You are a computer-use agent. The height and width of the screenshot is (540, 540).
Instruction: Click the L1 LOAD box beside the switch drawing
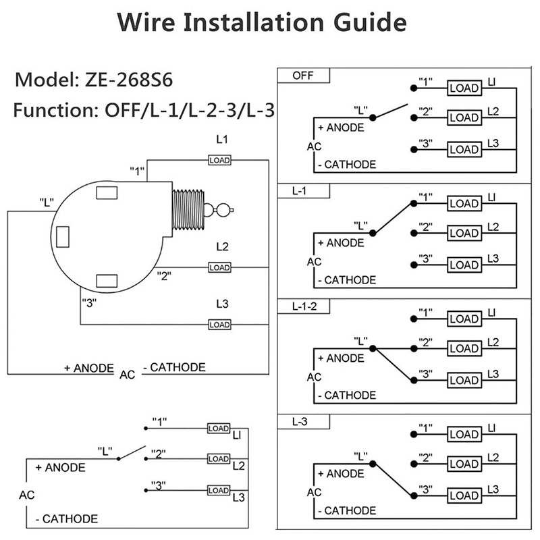coord(219,160)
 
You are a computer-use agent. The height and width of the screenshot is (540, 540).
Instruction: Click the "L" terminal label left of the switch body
coord(46,201)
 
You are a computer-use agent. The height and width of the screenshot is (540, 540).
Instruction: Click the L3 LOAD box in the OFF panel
coord(464,149)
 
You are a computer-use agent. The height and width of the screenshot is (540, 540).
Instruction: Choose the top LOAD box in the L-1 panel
coord(464,203)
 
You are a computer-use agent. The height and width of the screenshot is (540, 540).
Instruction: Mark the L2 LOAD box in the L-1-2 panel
coord(464,349)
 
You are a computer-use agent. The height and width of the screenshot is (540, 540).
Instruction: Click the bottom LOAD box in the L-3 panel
coord(464,496)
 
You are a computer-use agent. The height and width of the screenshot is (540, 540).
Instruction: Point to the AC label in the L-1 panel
coord(314,261)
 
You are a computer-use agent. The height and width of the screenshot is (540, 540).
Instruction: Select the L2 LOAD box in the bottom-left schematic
coord(218,459)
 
